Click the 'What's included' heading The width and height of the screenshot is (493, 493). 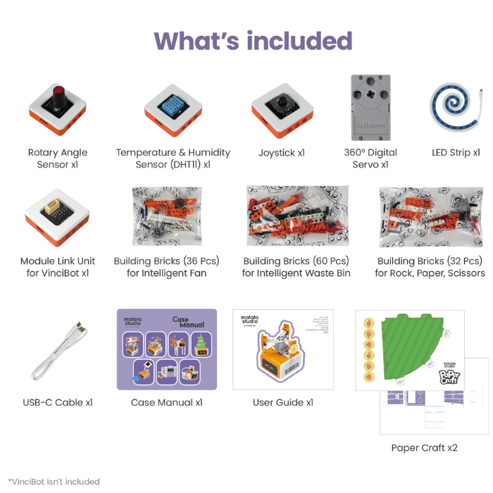253,40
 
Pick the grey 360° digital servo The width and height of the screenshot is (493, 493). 370,106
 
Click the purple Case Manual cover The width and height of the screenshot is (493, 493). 167,349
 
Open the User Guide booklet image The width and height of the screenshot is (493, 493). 283,349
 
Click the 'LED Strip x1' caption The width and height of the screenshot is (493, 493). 456,152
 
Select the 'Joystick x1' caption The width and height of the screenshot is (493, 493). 282,152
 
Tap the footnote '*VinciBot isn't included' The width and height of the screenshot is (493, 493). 54,482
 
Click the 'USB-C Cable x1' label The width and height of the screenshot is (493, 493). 58,403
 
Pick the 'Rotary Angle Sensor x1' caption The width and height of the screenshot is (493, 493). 58,158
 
